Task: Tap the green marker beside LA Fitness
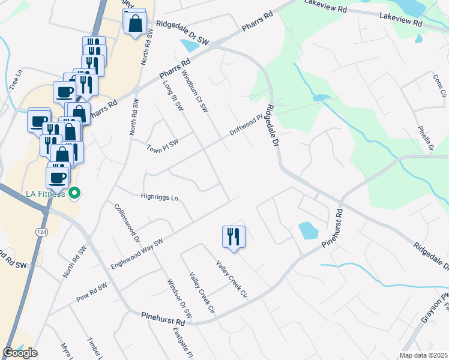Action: (74, 193)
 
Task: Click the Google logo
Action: (20, 353)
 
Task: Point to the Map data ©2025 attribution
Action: (423, 355)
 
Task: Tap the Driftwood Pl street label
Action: (246, 125)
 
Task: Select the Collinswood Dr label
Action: (127, 222)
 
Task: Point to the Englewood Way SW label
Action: (137, 255)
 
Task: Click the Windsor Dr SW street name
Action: (179, 298)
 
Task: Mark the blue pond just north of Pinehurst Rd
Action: (307, 230)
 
